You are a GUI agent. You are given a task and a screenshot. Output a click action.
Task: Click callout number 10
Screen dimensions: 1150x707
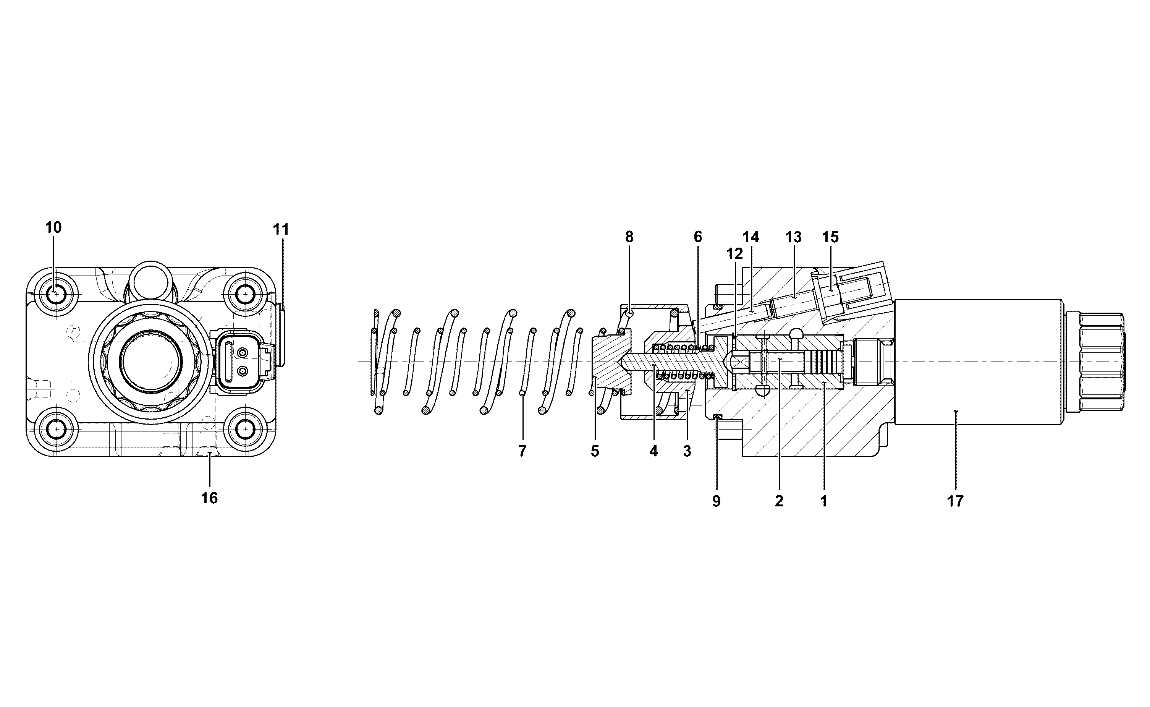[x=53, y=228]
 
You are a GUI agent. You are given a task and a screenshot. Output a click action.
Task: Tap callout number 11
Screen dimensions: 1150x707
[x=281, y=230]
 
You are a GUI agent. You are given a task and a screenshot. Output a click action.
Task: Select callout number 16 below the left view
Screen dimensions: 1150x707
[x=209, y=498]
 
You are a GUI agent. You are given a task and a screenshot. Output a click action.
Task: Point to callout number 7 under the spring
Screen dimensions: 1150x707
[x=522, y=451]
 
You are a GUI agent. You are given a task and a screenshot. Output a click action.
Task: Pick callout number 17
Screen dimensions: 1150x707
[x=955, y=501]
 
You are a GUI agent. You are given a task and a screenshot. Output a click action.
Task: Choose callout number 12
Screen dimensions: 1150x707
[x=734, y=254]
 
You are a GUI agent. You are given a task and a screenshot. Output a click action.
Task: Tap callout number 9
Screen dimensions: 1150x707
[x=717, y=501]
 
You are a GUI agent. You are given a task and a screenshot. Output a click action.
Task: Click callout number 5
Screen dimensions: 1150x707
[x=595, y=451]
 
